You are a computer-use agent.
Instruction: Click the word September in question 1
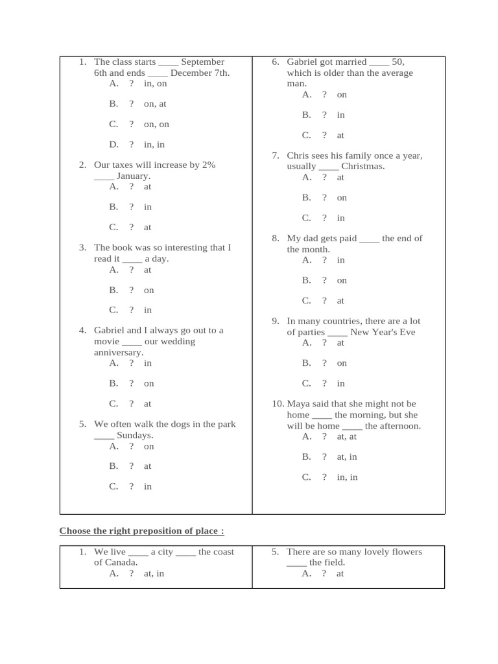[x=202, y=62]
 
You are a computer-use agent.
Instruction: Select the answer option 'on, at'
[x=155, y=104]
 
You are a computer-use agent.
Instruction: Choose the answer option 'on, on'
[x=156, y=124]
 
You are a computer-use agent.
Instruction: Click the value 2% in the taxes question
[x=208, y=165]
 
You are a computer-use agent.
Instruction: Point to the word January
[x=133, y=176]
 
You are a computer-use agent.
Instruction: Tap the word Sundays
[x=134, y=435]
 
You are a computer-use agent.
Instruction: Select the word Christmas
[x=363, y=166]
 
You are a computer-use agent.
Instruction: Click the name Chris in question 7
[x=298, y=156]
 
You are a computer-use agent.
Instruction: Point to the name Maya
[x=298, y=403]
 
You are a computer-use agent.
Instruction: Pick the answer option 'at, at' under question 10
[x=346, y=437]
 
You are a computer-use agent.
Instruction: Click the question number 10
[x=278, y=403]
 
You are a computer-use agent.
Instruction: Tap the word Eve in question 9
[x=407, y=332]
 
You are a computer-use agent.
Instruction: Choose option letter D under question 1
[x=113, y=145]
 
